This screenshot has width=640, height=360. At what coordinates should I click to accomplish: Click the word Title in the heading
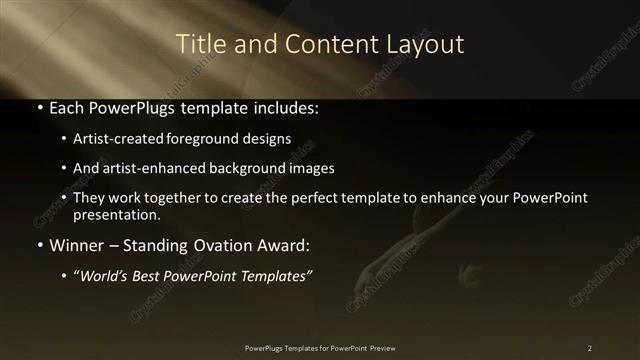pyautogui.click(x=198, y=44)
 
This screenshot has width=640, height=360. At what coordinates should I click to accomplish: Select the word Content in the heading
pyautogui.click(x=313, y=44)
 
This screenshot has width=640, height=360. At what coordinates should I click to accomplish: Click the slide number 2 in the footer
pyautogui.click(x=590, y=347)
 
